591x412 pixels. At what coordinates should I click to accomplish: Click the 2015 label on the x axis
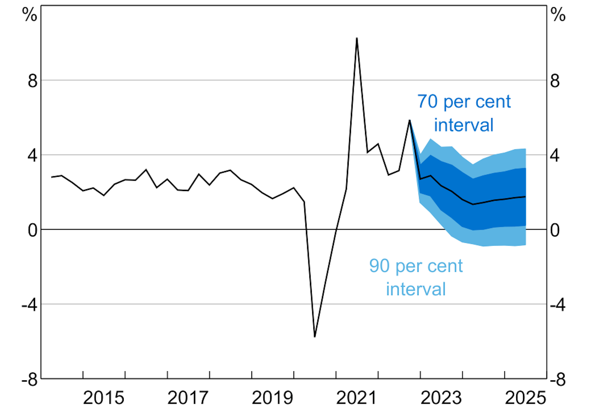[103, 398]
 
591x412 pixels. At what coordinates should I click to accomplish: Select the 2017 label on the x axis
[188, 398]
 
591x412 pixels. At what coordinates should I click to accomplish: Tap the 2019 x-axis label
[272, 398]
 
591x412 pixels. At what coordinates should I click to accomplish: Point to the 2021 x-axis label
[356, 398]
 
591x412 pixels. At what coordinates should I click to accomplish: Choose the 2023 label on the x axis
[441, 398]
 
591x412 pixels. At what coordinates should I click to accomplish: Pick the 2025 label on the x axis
[525, 398]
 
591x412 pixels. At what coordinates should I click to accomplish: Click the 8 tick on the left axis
[32, 81]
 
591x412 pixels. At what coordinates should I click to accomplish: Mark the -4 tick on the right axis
[557, 305]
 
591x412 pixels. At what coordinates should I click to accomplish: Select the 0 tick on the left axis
[32, 230]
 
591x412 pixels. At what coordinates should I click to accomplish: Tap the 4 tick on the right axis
[555, 156]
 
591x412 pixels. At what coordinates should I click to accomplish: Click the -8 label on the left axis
[30, 380]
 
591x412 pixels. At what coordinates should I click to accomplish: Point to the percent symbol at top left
[30, 14]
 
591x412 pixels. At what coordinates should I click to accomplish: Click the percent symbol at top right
[558, 14]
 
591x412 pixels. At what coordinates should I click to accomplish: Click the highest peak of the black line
[357, 38]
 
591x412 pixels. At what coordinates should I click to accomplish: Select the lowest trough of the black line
[315, 337]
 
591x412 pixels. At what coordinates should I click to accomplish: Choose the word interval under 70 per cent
[464, 125]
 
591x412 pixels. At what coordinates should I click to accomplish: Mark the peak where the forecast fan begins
[409, 120]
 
